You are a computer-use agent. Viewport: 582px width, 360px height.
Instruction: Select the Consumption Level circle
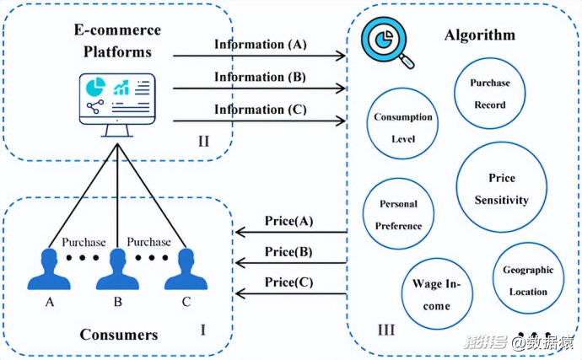click(x=402, y=128)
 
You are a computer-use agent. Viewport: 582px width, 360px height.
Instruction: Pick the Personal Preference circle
click(x=398, y=215)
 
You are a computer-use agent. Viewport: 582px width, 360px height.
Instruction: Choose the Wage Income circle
click(x=436, y=294)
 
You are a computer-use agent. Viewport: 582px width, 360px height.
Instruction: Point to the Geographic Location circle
click(x=527, y=281)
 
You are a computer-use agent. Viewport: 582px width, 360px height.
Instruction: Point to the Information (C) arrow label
click(x=261, y=109)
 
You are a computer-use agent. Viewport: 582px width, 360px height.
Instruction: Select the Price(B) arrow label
click(x=288, y=251)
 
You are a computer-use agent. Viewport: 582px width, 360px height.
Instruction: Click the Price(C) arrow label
click(x=288, y=282)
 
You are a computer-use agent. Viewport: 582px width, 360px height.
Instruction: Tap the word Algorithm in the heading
click(x=478, y=36)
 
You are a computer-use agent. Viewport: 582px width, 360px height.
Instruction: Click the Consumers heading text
click(x=118, y=335)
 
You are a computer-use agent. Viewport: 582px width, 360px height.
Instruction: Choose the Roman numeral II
click(x=203, y=140)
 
